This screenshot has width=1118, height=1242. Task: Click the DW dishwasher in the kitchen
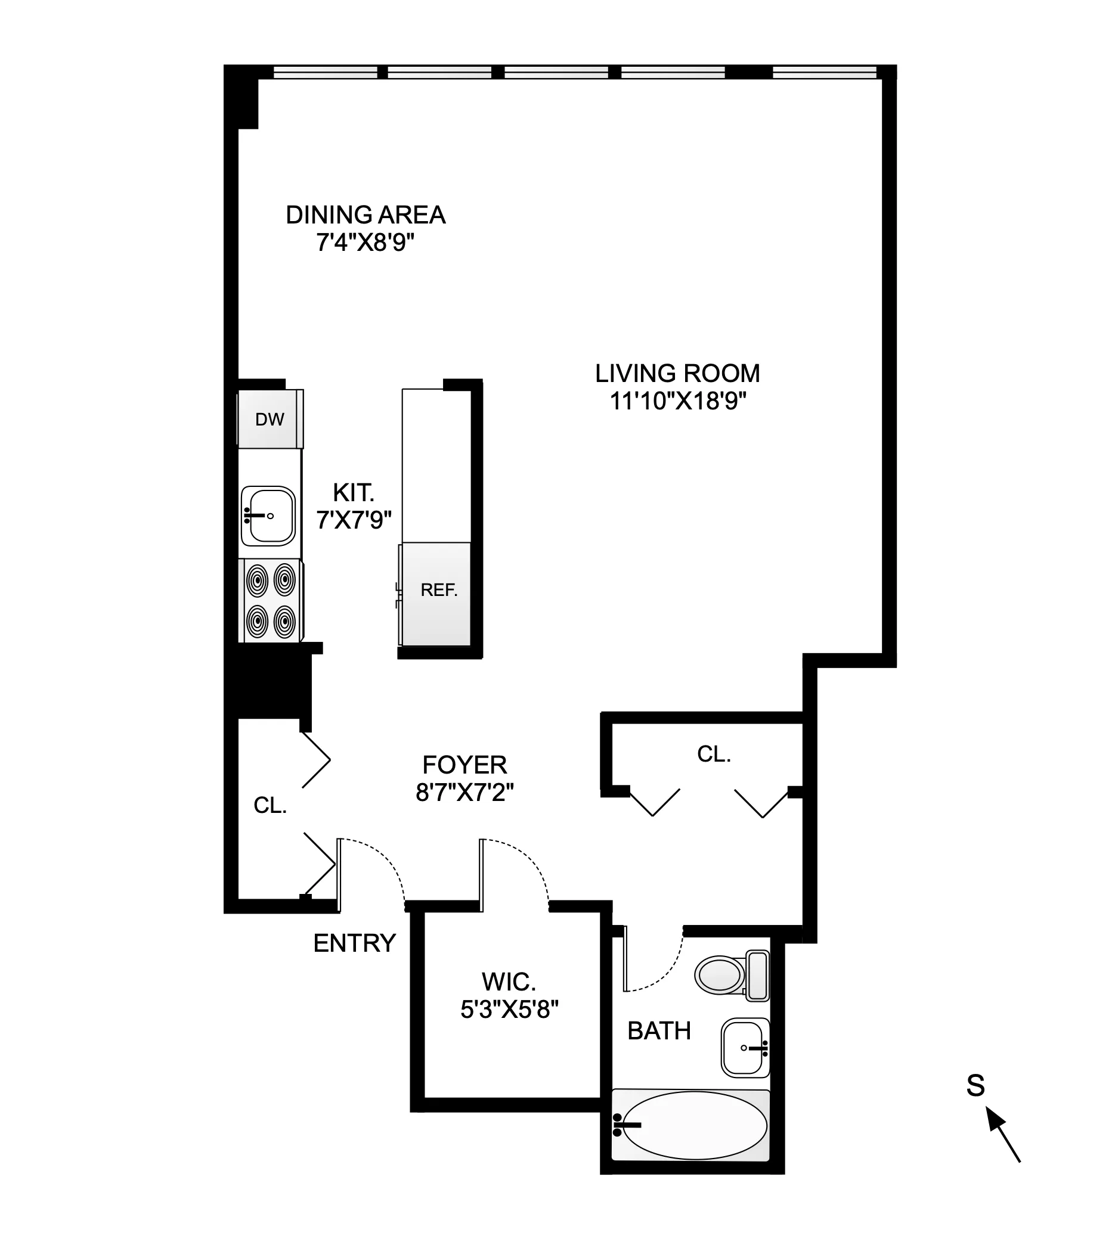coord(270,420)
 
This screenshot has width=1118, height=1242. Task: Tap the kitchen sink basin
coord(268,516)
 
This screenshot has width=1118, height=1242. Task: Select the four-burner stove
coord(271,600)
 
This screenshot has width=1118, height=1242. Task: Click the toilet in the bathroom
coord(731,974)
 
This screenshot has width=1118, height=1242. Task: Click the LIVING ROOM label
coord(677,373)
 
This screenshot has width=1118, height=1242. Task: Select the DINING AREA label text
coord(366,215)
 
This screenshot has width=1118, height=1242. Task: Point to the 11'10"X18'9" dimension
coord(677,402)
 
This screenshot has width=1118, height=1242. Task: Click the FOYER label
coord(464,765)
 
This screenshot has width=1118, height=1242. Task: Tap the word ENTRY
coord(354,943)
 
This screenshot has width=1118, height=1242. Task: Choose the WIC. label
coord(509,982)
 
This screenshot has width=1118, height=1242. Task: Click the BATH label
coord(658,1031)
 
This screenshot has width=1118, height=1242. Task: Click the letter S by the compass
coord(975,1085)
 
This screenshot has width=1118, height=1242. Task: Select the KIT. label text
coord(353,492)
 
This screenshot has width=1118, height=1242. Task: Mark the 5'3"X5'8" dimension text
coord(509,1010)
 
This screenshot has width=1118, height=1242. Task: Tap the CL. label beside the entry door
coord(270,805)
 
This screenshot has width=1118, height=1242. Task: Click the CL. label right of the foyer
coord(714,754)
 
